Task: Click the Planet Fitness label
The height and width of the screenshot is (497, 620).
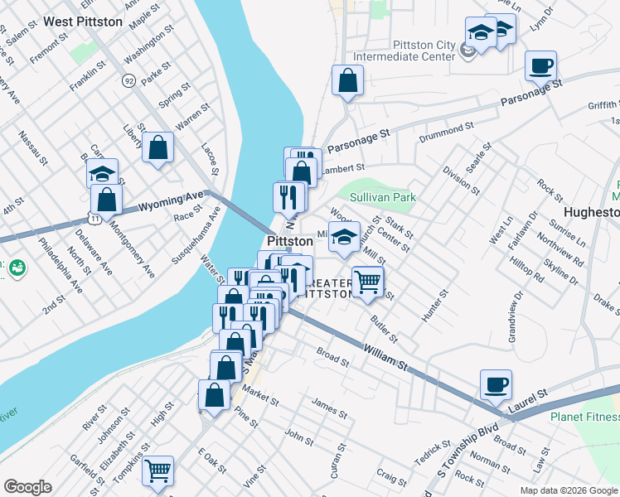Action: click(584, 417)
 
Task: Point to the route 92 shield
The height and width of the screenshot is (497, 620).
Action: click(128, 80)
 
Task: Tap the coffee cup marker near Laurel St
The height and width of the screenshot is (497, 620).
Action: click(496, 384)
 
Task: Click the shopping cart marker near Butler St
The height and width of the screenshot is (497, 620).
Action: click(367, 281)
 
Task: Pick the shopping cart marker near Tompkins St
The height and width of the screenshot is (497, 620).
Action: click(157, 470)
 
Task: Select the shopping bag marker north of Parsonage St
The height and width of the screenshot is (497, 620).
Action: click(348, 80)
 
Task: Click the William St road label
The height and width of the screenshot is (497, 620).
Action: click(385, 359)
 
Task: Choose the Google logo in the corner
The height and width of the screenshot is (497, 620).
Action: click(28, 487)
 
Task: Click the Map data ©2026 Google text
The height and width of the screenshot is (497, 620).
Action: click(569, 490)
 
